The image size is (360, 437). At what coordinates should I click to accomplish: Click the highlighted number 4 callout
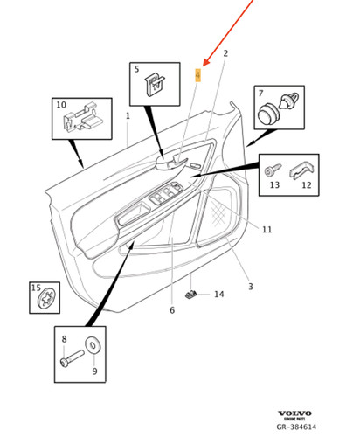coord(198,76)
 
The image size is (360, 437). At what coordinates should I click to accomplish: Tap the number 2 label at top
coord(225,54)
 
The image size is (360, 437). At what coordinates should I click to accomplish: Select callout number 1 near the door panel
coord(128,115)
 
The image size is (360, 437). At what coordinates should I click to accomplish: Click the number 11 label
coord(267,230)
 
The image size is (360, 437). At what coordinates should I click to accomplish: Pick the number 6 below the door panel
coord(172,310)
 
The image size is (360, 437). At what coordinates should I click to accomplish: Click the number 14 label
coord(219,295)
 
